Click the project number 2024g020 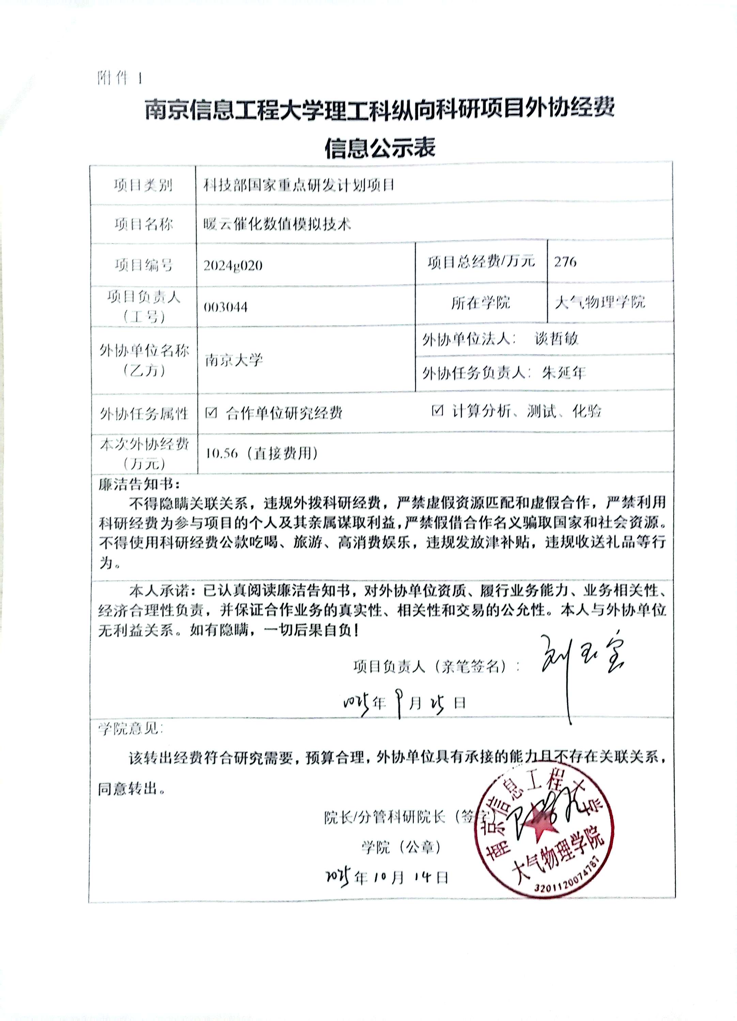(233, 265)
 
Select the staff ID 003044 (226, 307)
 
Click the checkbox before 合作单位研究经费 (211, 412)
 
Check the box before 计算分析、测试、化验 (437, 410)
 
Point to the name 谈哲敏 (556, 339)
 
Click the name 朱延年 (564, 372)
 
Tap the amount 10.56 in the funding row (221, 453)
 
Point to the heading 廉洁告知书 (139, 484)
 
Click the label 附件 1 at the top (120, 78)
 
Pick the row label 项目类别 (143, 185)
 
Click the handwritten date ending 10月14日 (388, 876)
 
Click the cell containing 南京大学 (234, 360)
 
